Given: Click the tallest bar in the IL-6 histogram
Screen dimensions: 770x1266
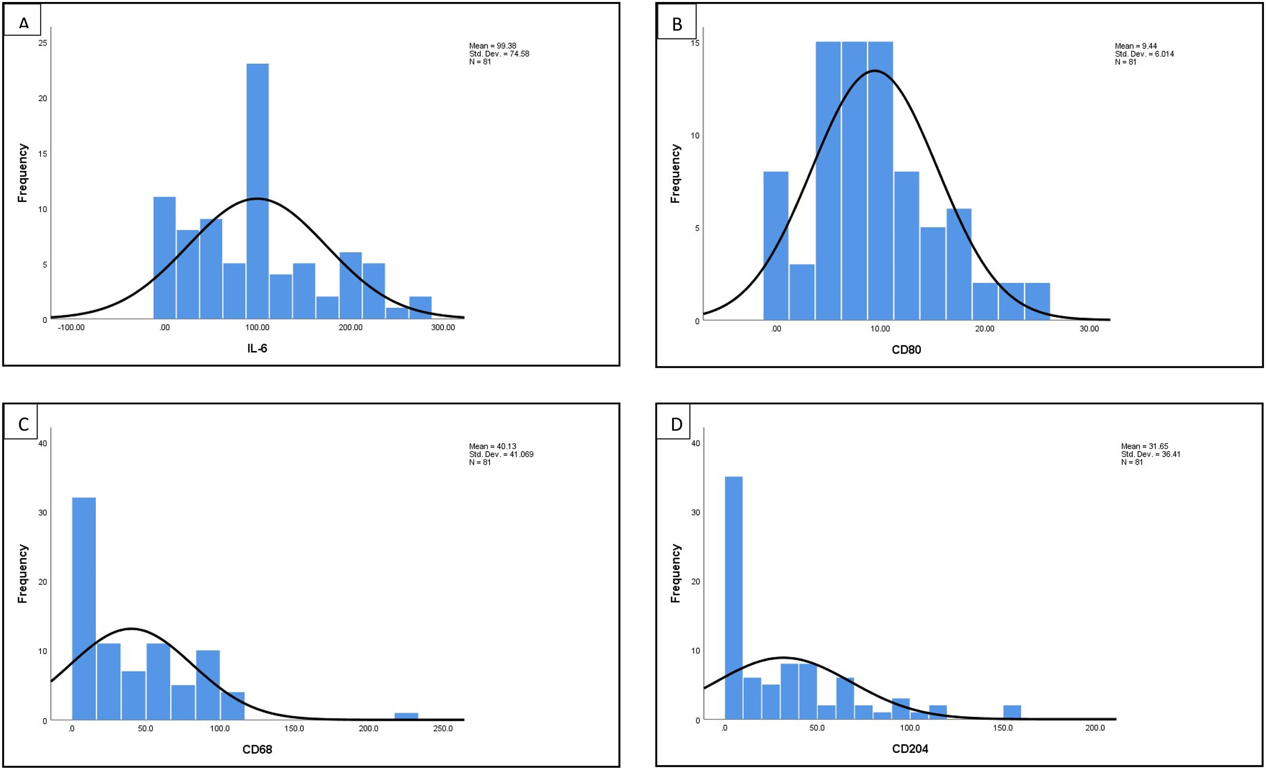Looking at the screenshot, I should [258, 190].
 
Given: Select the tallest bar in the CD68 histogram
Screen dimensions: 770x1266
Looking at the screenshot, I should [84, 609].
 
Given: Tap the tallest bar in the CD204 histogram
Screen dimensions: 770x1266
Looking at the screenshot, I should [733, 599].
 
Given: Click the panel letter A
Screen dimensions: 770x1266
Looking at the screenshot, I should [23, 24].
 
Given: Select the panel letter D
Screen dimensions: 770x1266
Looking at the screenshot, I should [677, 424].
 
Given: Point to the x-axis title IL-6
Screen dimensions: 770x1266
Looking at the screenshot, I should [258, 348].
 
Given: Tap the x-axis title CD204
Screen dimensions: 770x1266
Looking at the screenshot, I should [910, 749].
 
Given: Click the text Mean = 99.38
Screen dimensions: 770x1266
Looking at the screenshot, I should [493, 46].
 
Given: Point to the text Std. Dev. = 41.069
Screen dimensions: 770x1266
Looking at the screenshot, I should [501, 454].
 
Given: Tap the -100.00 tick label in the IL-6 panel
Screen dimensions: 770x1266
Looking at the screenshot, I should [71, 328].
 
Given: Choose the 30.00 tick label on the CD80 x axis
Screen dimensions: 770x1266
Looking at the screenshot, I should [1089, 329].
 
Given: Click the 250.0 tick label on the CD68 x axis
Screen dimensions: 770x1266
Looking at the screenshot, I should [443, 728].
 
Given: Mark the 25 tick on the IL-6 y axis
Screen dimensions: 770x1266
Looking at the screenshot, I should [42, 42].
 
